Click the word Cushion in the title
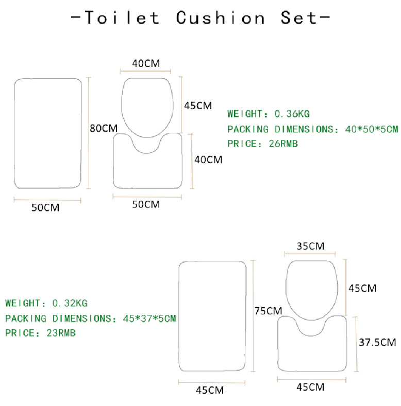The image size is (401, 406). [220, 18]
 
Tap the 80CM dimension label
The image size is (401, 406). [104, 128]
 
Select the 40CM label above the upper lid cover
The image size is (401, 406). [146, 63]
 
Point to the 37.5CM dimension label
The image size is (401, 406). [377, 342]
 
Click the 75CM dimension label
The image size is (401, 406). [268, 311]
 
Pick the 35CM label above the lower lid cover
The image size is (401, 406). [310, 246]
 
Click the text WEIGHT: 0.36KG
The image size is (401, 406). [269, 114]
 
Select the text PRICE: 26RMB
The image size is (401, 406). [262, 144]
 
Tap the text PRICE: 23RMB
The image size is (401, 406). [41, 333]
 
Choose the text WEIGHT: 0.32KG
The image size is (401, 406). [46, 303]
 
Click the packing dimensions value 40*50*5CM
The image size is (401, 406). [372, 129]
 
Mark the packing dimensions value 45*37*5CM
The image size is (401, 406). [149, 319]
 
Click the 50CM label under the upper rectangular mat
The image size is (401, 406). [45, 208]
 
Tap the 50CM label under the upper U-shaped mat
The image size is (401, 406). [146, 205]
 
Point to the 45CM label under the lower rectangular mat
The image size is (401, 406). [210, 391]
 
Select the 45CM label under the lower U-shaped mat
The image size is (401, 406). [310, 387]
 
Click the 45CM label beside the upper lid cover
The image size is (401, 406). [198, 105]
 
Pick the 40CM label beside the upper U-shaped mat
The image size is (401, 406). [209, 160]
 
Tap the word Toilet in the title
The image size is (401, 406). [122, 18]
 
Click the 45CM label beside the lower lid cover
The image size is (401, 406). [362, 288]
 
